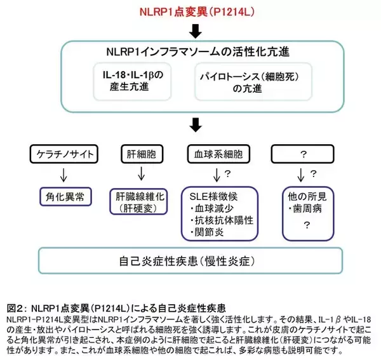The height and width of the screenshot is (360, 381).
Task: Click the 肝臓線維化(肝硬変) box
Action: click(x=140, y=201)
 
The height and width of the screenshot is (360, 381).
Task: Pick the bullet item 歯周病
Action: click(x=307, y=208)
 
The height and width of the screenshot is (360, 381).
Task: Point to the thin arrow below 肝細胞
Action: click(x=140, y=174)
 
